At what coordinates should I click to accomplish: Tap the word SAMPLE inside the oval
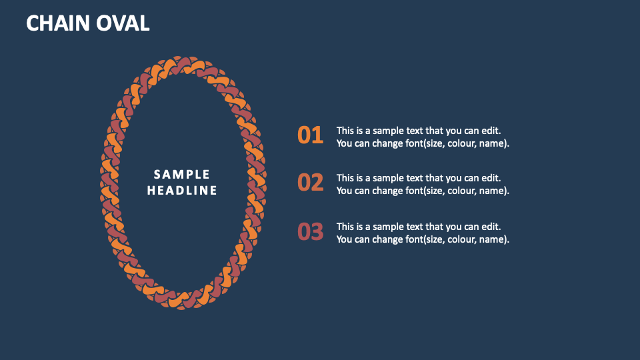(182, 175)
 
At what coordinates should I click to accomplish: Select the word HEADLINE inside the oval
(182, 191)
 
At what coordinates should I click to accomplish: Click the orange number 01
(310, 136)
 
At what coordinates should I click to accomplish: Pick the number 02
(310, 183)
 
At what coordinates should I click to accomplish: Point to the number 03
(310, 232)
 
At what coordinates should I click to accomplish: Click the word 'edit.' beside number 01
(489, 131)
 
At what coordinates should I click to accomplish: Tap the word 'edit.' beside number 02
(489, 178)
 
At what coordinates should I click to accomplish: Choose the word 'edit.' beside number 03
(489, 227)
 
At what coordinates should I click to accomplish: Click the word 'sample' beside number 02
(390, 178)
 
